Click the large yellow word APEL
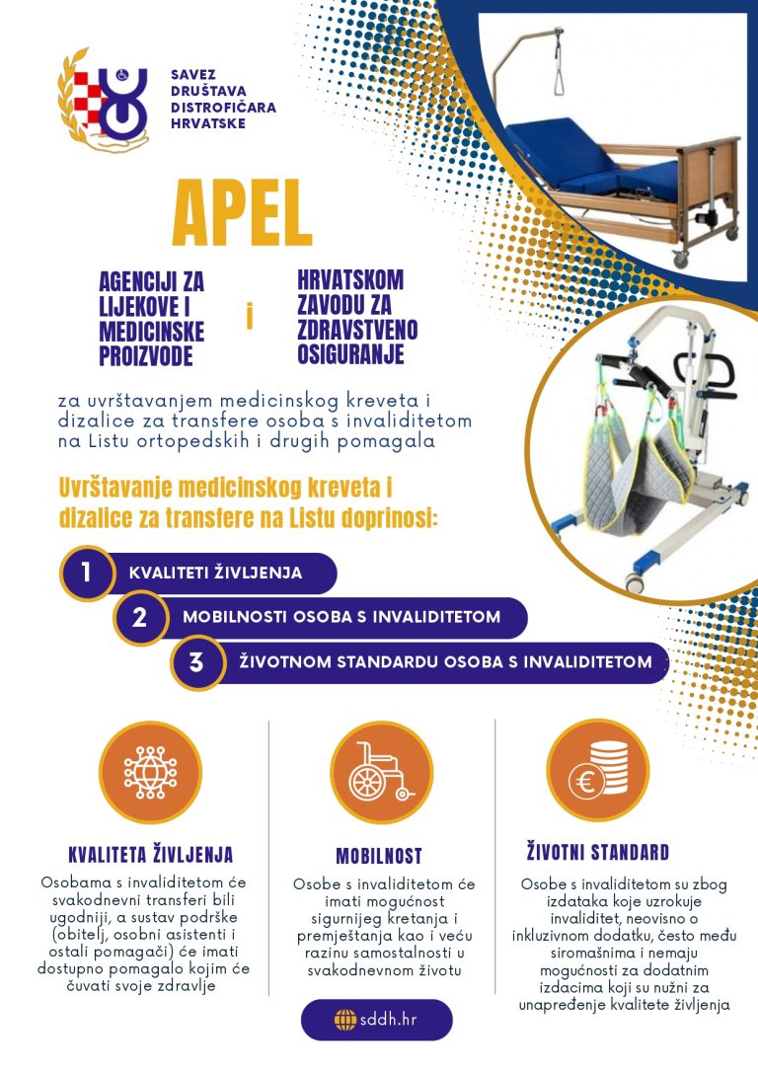click(242, 213)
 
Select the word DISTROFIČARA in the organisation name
click(223, 108)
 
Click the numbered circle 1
click(87, 573)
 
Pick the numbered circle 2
click(139, 617)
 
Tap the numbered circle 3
click(196, 662)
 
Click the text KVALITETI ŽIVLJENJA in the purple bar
click(215, 573)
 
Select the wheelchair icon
click(381, 772)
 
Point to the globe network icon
click(150, 773)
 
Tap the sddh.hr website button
click(377, 1020)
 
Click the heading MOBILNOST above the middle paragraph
click(379, 856)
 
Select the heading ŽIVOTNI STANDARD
click(597, 852)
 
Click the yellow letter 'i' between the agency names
click(250, 317)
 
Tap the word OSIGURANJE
click(350, 354)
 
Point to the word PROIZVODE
click(146, 356)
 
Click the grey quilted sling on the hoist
click(637, 472)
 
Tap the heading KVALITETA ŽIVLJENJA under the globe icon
click(150, 855)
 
